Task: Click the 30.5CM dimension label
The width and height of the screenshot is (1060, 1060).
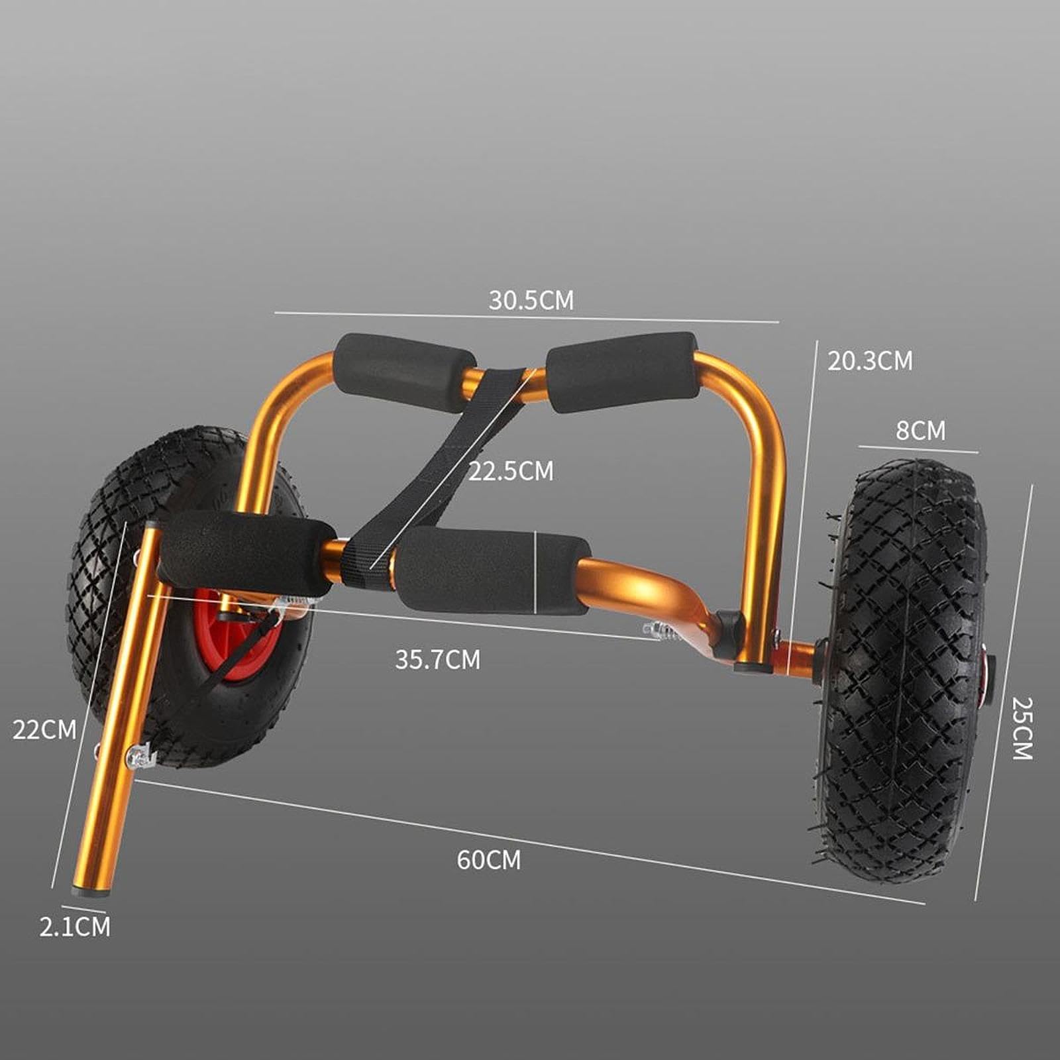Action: [x=531, y=300]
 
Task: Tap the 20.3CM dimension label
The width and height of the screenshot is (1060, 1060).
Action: [x=869, y=361]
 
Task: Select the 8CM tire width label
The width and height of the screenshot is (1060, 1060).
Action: [x=920, y=431]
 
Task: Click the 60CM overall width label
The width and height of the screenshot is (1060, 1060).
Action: [x=488, y=860]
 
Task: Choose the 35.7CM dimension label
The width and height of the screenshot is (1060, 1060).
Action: [x=437, y=660]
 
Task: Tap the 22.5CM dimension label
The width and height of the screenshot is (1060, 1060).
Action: [x=510, y=472]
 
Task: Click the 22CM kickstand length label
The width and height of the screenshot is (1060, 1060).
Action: [x=44, y=730]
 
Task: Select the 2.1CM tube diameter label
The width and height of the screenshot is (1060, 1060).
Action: [x=74, y=927]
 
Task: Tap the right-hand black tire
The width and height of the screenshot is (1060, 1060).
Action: [x=908, y=669]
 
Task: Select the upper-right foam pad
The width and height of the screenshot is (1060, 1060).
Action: [x=623, y=371]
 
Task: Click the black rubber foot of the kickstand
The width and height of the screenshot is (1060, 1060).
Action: [x=90, y=892]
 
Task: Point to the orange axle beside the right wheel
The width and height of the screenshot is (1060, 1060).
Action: [x=798, y=659]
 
